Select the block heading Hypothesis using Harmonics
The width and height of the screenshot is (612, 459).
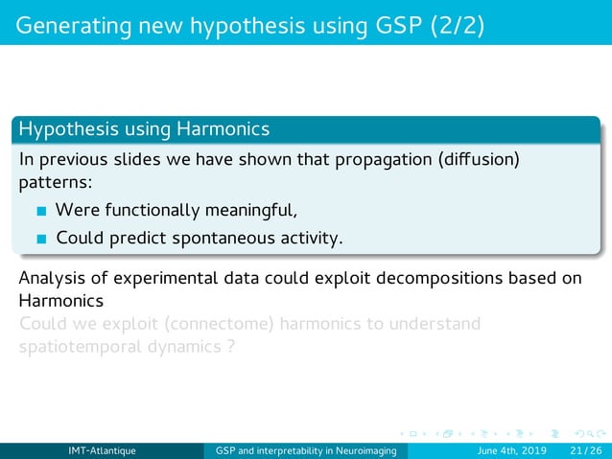click(144, 128)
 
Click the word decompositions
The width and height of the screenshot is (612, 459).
click(447, 280)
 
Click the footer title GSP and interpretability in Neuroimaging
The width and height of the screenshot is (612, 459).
click(311, 450)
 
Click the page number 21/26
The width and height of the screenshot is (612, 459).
click(583, 450)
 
